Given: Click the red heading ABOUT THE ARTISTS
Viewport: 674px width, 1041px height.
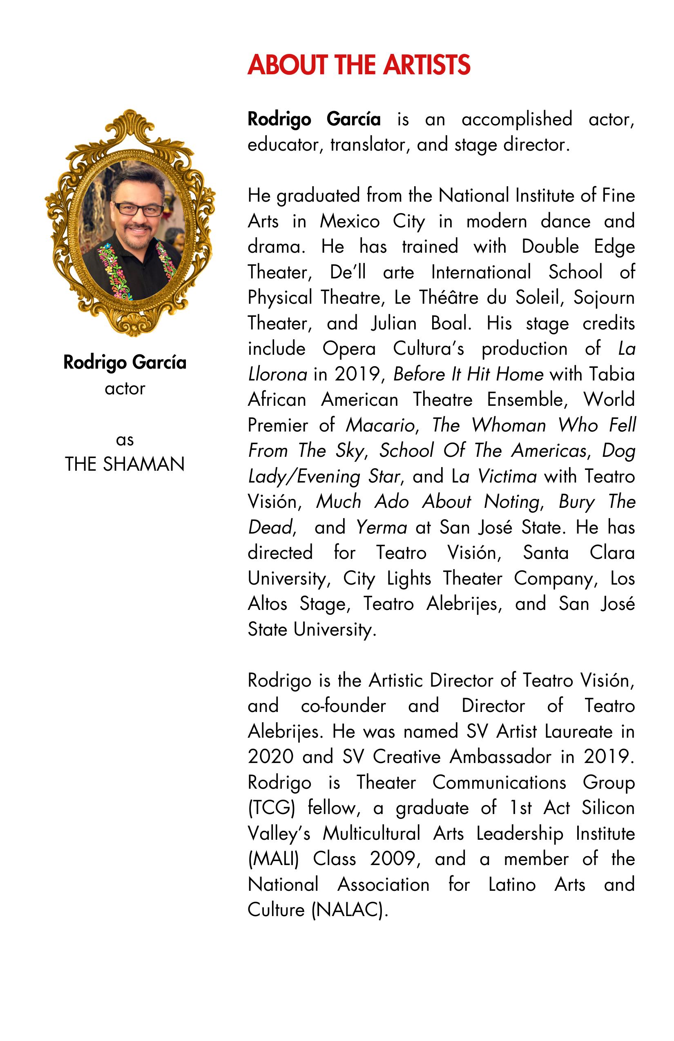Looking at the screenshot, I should (359, 65).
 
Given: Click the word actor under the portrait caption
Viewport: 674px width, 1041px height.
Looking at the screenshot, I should (125, 389).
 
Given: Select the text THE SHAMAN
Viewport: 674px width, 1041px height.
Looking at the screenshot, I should (125, 464).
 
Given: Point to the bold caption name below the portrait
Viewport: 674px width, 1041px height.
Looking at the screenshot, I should (125, 363).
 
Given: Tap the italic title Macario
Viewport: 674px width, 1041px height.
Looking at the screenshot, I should (380, 425).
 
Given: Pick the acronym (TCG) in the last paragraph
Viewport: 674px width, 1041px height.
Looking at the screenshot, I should (271, 808).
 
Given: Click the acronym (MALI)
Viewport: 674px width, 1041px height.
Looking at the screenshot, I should (273, 859).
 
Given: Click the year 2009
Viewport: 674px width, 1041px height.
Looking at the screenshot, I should (392, 859).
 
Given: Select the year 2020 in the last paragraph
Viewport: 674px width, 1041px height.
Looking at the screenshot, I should (270, 757).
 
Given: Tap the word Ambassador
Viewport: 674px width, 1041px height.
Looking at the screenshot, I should (501, 757).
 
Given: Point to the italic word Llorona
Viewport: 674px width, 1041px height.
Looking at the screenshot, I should (277, 374).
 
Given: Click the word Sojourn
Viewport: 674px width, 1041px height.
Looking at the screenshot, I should (604, 298).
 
